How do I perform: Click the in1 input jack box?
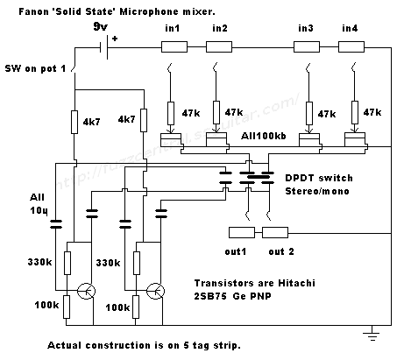pyautogui.click(x=174, y=46)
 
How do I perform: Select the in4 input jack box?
pyautogui.click(x=351, y=46)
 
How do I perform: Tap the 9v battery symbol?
pyautogui.click(x=104, y=47)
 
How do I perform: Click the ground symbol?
pyautogui.click(x=372, y=334)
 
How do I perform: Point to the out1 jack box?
pyautogui.click(x=242, y=233)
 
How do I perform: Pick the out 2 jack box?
pyautogui.click(x=275, y=233)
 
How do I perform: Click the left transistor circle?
pyautogui.click(x=86, y=291)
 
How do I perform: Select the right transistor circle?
pyautogui.click(x=155, y=291)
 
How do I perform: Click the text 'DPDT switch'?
pyautogui.click(x=319, y=178)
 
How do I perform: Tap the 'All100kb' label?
pyautogui.click(x=264, y=136)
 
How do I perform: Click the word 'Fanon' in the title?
pyautogui.click(x=31, y=11)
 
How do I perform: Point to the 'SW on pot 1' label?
pyautogui.click(x=35, y=68)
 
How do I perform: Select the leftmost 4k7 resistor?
pyautogui.click(x=74, y=122)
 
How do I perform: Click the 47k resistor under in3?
pyautogui.click(x=308, y=113)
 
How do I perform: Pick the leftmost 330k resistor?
pyautogui.click(x=67, y=263)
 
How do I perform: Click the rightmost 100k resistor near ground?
pyautogui.click(x=136, y=307)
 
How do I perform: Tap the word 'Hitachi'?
pyautogui.click(x=296, y=283)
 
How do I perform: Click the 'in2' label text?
pyautogui.click(x=220, y=28)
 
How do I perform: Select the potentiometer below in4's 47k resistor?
pyautogui.click(x=355, y=139)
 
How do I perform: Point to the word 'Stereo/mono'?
pyautogui.click(x=317, y=191)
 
